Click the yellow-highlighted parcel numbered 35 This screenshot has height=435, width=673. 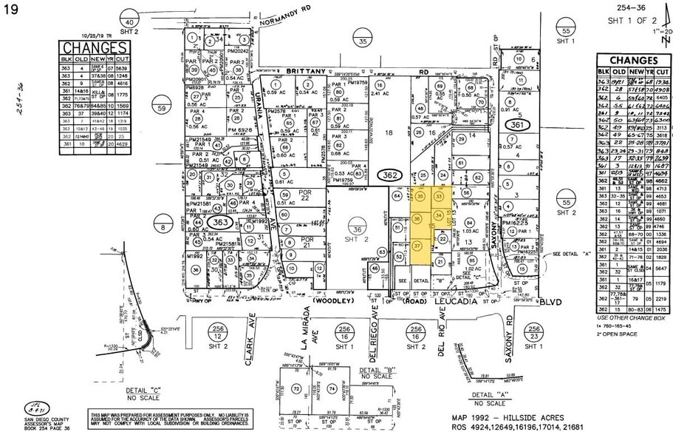click(421, 198)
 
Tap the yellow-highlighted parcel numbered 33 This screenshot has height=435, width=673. click(439, 197)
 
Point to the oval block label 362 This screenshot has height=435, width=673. click(389, 175)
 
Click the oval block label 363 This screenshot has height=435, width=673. click(219, 222)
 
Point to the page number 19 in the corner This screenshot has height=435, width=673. click(10, 9)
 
